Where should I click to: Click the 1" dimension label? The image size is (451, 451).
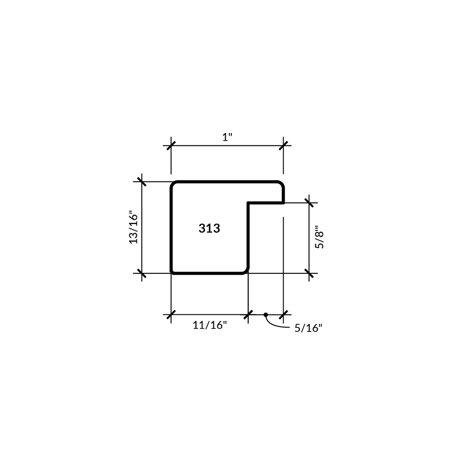tap(227, 137)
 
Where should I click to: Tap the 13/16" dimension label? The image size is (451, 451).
tap(133, 228)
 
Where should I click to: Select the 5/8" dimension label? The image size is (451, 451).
tap(319, 237)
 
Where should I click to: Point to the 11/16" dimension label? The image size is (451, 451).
tap(210, 325)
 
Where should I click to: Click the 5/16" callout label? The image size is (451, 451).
tap(308, 328)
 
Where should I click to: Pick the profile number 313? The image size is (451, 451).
tap(209, 228)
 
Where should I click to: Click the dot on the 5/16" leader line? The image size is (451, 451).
tap(266, 315)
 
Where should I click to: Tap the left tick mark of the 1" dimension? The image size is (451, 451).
tap(171, 146)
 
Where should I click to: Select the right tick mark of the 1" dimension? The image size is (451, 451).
tap(283, 146)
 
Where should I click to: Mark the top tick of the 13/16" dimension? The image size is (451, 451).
tap(142, 182)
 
